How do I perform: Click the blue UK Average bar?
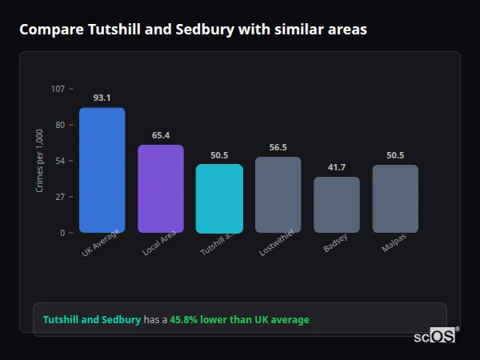[102, 170]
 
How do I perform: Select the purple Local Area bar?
[161, 189]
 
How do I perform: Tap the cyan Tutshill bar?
[219, 198]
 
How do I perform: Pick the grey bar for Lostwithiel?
[278, 194]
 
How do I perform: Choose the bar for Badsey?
[337, 205]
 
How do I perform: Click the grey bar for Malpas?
[395, 198]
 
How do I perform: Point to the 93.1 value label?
[102, 98]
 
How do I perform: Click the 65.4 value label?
[161, 135]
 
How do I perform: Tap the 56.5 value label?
[278, 147]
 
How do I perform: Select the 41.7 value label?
[337, 167]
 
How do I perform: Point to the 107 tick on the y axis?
[58, 89]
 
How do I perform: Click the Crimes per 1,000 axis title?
[39, 160]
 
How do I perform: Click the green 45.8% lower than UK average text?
[239, 320]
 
